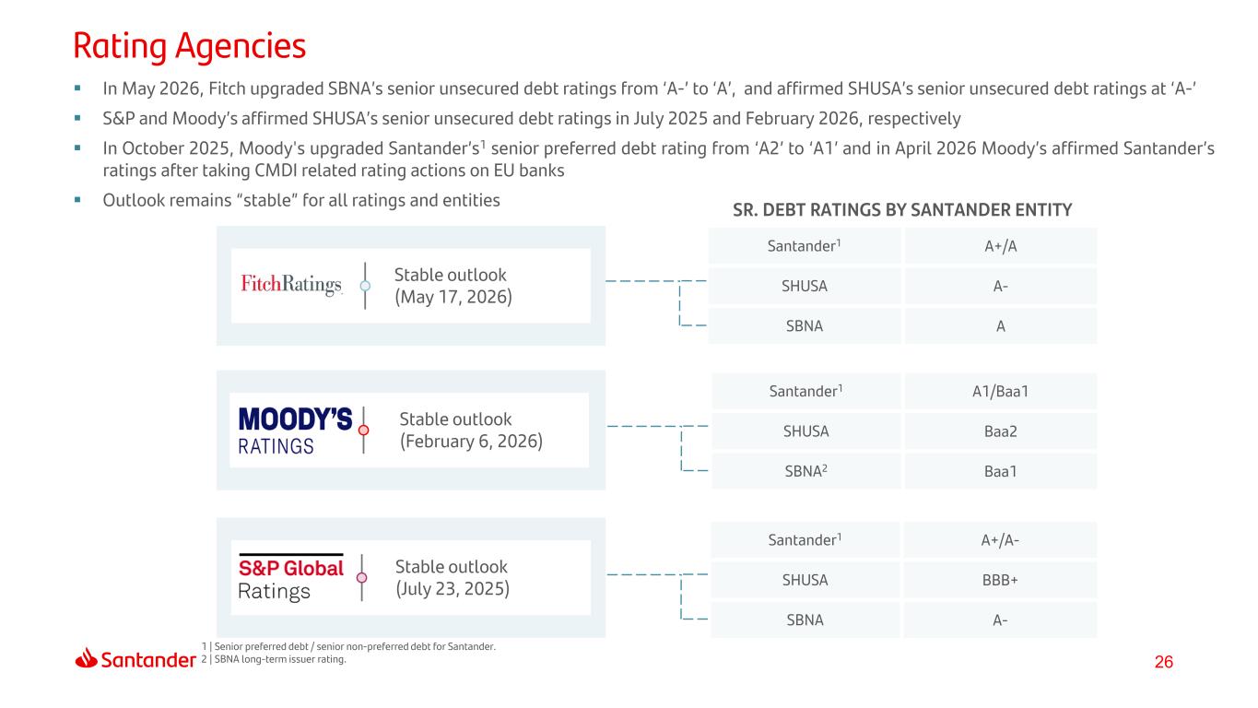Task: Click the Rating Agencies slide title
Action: pyautogui.click(x=190, y=46)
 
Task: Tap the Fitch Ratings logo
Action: pyautogui.click(x=291, y=284)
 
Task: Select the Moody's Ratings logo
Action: pyautogui.click(x=296, y=431)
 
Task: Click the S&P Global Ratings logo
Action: pyautogui.click(x=291, y=578)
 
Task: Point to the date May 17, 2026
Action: pyautogui.click(x=453, y=297)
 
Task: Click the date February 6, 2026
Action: pyautogui.click(x=471, y=441)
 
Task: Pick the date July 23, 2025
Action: pyautogui.click(x=453, y=589)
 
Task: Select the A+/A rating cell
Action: pyautogui.click(x=1001, y=246)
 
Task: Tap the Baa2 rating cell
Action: pyautogui.click(x=1001, y=431)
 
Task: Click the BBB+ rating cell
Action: pyautogui.click(x=1000, y=580)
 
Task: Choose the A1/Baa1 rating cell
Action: pyautogui.click(x=1001, y=391)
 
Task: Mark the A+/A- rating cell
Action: pyautogui.click(x=1000, y=540)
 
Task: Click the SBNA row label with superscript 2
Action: pyautogui.click(x=805, y=471)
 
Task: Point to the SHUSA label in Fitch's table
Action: pyautogui.click(x=805, y=286)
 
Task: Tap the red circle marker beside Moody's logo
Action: pyautogui.click(x=364, y=431)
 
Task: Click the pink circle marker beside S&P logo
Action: pyautogui.click(x=361, y=578)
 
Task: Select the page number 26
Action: pyautogui.click(x=1164, y=662)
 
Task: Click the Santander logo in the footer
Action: pyautogui.click(x=135, y=658)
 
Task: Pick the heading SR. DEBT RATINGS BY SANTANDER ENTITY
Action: pyautogui.click(x=902, y=210)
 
